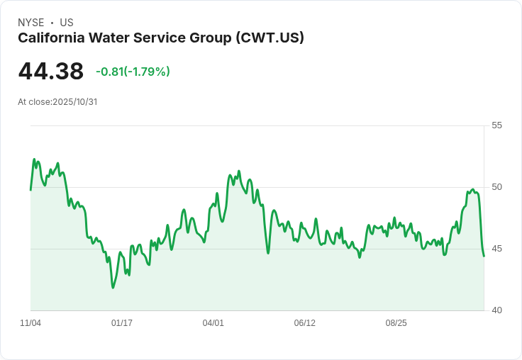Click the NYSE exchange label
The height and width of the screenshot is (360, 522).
30,23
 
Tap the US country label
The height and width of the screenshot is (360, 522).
66,23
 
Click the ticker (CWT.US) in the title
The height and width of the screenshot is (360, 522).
270,38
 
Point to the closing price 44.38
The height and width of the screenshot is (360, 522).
50,72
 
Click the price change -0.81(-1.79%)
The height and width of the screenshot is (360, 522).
133,72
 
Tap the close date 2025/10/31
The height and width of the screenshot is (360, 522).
74,102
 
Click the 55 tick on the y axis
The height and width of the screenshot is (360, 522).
496,125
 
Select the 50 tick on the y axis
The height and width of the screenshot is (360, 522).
496,187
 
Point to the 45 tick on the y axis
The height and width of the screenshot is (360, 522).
496,249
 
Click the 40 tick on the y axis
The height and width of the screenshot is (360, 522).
496,310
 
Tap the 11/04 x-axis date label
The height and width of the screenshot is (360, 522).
30,323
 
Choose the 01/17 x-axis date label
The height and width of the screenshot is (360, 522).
122,323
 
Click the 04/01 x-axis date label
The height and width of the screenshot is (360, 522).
213,323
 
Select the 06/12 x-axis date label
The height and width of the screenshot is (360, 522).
304,323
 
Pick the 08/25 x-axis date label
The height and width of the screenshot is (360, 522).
396,323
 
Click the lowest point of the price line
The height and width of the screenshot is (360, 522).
113,287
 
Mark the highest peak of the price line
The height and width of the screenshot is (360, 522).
34,159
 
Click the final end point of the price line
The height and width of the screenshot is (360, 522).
484,256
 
